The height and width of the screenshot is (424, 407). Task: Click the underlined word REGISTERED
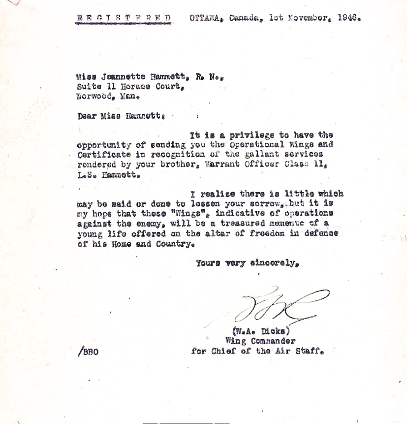click(124, 19)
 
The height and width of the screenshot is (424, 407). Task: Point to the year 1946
click(349, 19)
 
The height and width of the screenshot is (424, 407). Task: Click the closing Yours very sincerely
click(247, 263)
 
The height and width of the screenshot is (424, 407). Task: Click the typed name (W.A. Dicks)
click(261, 331)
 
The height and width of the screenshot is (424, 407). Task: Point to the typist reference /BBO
click(88, 352)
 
